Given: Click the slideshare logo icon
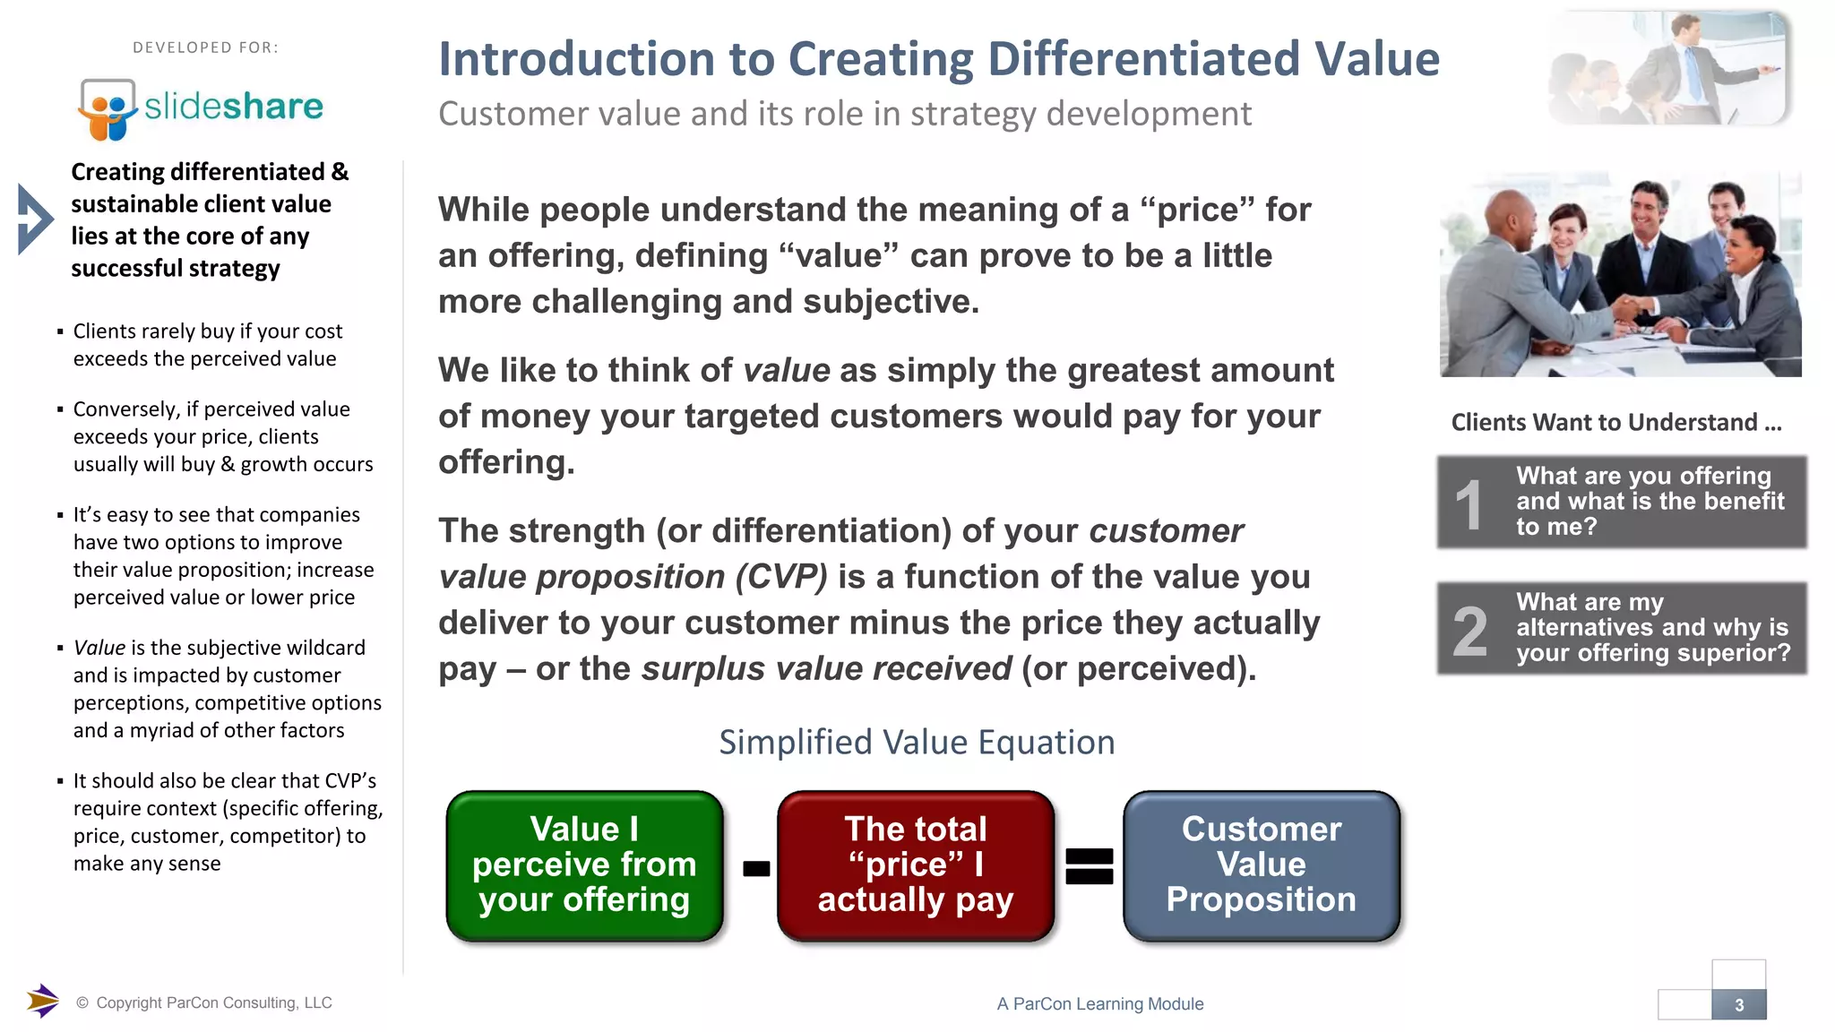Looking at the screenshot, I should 107,109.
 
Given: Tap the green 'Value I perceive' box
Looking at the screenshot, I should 584,865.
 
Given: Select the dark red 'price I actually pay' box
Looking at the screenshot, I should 915,865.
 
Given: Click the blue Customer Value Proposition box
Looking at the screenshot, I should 1261,865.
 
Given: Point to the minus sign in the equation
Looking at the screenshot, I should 756,868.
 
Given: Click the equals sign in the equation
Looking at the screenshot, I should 1089,866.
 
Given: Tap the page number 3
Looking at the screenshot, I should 1738,1005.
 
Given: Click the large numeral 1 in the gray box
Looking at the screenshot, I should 1469,504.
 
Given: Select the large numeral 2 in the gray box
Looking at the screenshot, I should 1470,632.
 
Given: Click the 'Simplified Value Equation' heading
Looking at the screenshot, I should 917,743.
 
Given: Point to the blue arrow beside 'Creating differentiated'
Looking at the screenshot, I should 35,219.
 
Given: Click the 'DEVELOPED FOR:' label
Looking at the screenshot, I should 205,47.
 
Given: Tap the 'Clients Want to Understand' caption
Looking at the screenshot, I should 1616,422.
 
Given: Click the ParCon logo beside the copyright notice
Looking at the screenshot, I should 42,1001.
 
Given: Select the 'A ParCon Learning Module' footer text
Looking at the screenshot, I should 1099,1004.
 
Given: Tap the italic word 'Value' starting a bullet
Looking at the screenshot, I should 99,648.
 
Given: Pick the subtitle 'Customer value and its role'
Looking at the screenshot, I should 844,114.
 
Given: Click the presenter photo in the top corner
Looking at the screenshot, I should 1668,68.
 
